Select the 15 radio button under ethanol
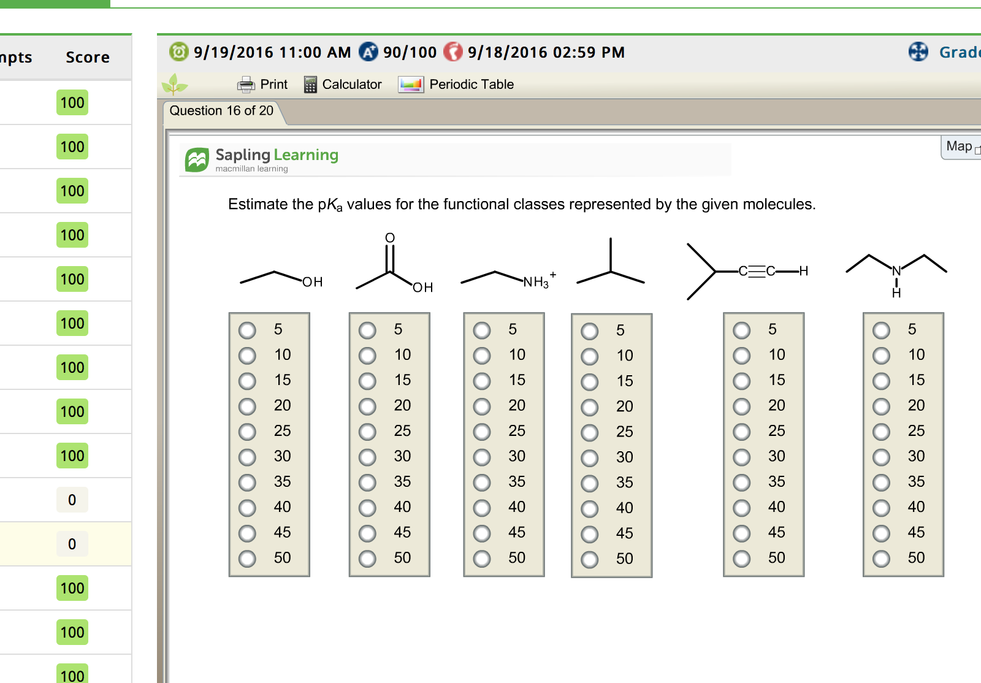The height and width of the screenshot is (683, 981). (x=247, y=381)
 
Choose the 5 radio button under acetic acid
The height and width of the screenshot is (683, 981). (x=367, y=330)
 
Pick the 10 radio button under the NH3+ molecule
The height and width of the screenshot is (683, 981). (x=482, y=356)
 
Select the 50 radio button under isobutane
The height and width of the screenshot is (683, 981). (x=589, y=560)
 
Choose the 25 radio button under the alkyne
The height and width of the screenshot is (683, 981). (x=741, y=432)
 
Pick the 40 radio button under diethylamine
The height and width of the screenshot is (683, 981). (x=881, y=508)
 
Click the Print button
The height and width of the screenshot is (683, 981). (x=262, y=84)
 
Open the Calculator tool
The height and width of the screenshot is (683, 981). (x=343, y=84)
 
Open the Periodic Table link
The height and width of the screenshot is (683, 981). (x=456, y=84)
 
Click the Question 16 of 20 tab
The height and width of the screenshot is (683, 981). (x=221, y=111)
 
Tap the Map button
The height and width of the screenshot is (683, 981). (x=960, y=147)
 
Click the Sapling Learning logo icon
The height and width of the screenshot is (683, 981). (x=197, y=160)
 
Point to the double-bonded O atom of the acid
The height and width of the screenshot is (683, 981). (x=390, y=238)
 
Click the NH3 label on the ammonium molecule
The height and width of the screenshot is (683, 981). (x=536, y=282)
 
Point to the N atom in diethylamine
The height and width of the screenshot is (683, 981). (x=896, y=271)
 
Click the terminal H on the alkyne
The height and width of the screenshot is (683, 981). (x=803, y=271)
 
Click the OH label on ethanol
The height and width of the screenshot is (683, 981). (x=312, y=282)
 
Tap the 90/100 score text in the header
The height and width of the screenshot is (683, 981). (x=410, y=53)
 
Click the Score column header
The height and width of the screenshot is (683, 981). (x=88, y=58)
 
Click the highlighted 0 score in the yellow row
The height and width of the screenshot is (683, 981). (x=72, y=544)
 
